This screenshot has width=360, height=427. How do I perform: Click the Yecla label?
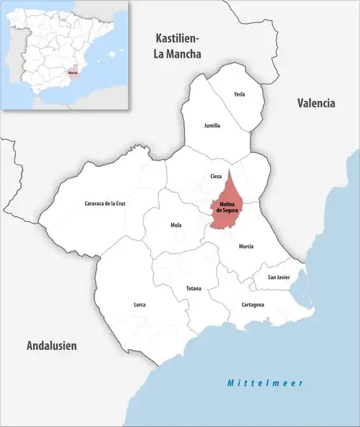(240, 94)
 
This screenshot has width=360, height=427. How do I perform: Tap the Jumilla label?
(212, 125)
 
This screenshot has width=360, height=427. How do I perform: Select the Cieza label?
(216, 176)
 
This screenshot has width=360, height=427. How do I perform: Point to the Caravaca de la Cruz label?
(105, 204)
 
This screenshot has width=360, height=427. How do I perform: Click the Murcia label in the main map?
(246, 246)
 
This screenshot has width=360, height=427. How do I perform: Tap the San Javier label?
(279, 277)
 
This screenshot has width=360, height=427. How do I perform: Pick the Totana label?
(194, 289)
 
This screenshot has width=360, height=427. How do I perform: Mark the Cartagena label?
(252, 305)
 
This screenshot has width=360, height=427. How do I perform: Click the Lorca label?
(140, 305)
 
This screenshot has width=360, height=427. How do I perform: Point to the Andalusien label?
(51, 346)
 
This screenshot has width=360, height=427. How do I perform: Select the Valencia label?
(316, 103)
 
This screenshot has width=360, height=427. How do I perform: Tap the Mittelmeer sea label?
(265, 383)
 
